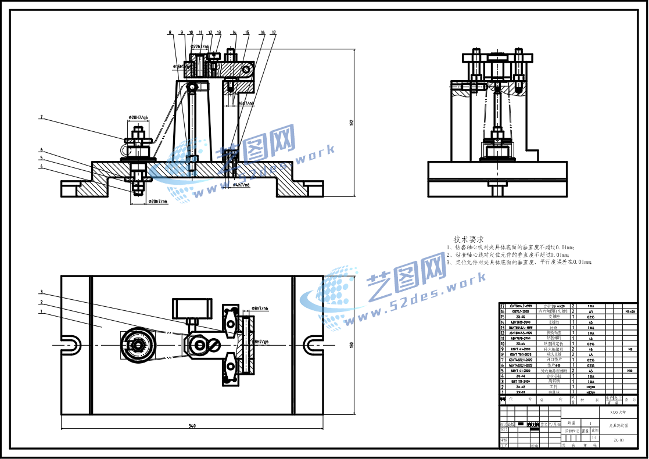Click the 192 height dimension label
pyautogui.click(x=352, y=122)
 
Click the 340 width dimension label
pyautogui.click(x=192, y=426)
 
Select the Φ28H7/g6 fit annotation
pyautogui.click(x=137, y=118)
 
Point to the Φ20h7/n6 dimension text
pyautogui.click(x=157, y=201)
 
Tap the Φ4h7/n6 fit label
pyautogui.click(x=241, y=185)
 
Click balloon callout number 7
pyautogui.click(x=41, y=117)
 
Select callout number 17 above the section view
pyautogui.click(x=274, y=33)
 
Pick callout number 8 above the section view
pyautogui.click(x=170, y=33)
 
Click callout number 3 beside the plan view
pyautogui.click(x=41, y=292)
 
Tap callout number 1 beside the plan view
pyautogui.click(x=41, y=311)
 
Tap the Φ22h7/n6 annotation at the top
pyautogui.click(x=200, y=46)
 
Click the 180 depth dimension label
pyautogui.click(x=351, y=345)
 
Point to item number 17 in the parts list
pyautogui.click(x=503, y=306)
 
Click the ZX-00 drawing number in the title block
pyautogui.click(x=619, y=440)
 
